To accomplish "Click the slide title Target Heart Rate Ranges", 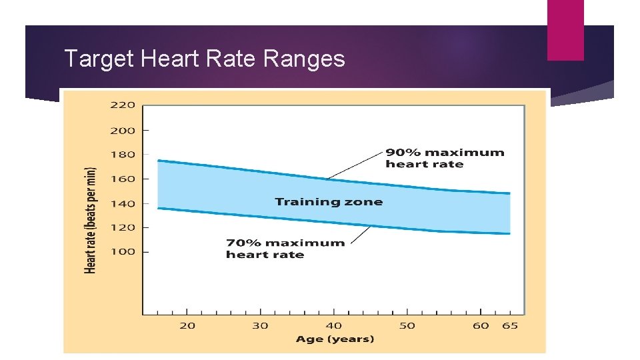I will tap(204, 59).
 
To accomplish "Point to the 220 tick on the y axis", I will tap(123, 105).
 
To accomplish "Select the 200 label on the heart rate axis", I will tap(123, 131).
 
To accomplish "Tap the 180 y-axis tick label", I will tap(123, 154).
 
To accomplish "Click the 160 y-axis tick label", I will tap(123, 179).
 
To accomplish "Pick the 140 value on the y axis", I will tap(123, 203).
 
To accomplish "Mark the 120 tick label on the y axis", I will tap(123, 227).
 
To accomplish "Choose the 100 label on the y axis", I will tap(123, 252).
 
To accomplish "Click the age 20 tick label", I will tap(187, 325).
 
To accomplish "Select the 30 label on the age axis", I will tap(260, 325).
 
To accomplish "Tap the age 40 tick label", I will tap(334, 325).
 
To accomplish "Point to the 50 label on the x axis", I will tap(407, 325).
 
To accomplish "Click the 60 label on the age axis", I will tap(481, 325).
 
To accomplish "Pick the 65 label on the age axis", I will tap(510, 325).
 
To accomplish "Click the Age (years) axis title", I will tap(335, 339).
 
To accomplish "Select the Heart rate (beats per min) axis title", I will tap(91, 220).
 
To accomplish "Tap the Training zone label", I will tap(329, 202).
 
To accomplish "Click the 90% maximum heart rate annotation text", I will tap(445, 158).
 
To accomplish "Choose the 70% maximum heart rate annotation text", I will tap(285, 249).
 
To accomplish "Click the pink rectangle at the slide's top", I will tap(565, 30).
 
